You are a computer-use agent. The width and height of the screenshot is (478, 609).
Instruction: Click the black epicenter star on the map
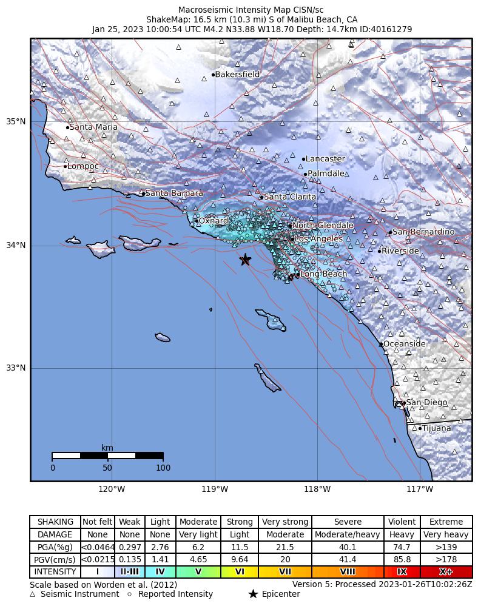pos(246,260)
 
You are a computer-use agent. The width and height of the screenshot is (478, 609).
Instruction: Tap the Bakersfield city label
pos(237,75)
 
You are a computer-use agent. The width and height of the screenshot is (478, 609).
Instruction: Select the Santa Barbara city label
pos(174,193)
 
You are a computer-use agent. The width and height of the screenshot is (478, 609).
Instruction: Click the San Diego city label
pos(426,403)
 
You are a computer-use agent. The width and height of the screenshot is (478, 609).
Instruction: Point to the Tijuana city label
pos(436,428)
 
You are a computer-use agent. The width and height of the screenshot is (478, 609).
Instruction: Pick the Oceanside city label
pos(404,344)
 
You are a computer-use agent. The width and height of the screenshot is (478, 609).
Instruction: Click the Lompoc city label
pos(82,166)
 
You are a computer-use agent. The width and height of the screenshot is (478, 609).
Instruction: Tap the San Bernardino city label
pos(423,232)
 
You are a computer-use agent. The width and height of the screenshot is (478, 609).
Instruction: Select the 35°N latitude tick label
pos(16,121)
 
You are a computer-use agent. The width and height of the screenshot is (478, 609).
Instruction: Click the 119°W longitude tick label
pos(215,489)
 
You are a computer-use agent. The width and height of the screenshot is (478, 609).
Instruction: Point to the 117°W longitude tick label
pos(420,489)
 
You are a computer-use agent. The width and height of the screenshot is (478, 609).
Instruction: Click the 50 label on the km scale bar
pos(107,468)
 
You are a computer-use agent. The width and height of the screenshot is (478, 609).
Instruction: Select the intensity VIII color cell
pos(348,572)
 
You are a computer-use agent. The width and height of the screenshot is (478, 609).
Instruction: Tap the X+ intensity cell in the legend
pos(445,572)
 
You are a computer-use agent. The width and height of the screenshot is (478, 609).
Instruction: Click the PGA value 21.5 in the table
pos(284,547)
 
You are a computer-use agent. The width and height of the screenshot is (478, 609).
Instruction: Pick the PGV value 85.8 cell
pos(402,559)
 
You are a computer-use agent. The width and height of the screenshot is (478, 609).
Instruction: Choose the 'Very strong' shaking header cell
pos(284,522)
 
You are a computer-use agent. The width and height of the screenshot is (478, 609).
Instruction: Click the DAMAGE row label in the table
pos(55,534)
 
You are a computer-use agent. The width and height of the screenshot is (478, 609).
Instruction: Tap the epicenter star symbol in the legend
pos(253,594)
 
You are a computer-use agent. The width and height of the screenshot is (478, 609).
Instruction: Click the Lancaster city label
pos(325,159)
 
